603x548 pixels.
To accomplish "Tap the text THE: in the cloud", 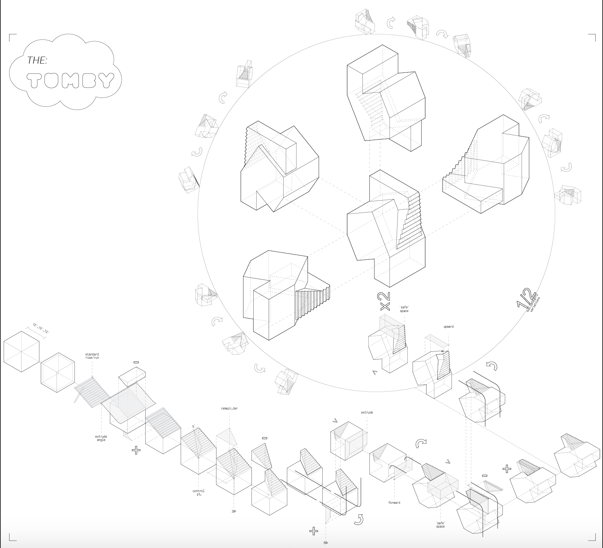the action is click(x=37, y=60).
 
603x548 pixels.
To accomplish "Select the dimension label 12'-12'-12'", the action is click(x=41, y=328).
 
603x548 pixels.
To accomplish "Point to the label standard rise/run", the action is click(x=92, y=356).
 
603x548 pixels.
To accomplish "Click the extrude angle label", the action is click(x=101, y=438).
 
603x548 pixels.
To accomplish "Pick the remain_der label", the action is click(x=229, y=408).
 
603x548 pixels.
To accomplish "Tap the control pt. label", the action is click(x=199, y=492).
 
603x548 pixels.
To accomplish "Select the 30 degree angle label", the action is click(x=234, y=511).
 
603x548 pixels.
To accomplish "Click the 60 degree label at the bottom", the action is click(x=325, y=543).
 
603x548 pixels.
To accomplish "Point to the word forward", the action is click(x=394, y=503).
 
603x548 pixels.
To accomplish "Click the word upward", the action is click(x=449, y=327).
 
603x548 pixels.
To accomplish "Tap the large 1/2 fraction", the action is click(x=526, y=299).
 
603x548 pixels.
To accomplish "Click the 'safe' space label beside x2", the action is click(x=404, y=309).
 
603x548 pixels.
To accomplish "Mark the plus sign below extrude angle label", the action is click(x=136, y=450).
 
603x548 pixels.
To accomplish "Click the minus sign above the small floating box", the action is click(x=136, y=362).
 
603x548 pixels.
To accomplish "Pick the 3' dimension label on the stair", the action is click(x=194, y=426).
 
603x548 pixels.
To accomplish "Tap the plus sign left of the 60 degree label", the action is click(x=314, y=531).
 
